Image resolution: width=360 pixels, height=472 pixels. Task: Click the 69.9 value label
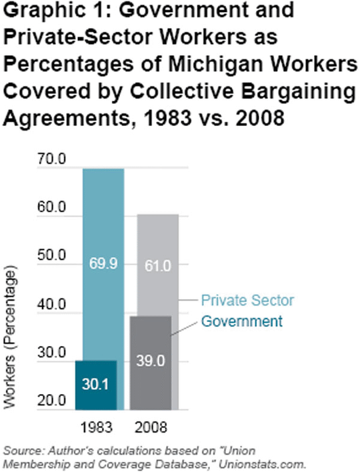tap(103, 264)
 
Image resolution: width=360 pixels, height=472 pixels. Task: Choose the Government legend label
tap(242, 321)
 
